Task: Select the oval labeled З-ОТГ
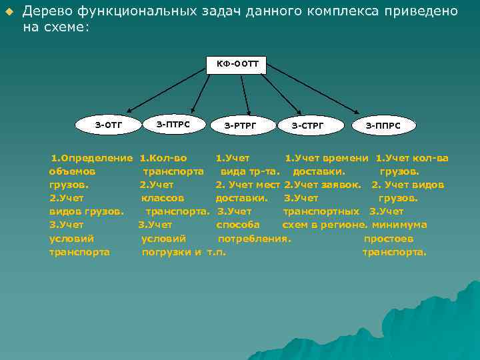(x=108, y=124)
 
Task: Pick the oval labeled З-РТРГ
(x=240, y=125)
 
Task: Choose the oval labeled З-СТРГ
(x=307, y=125)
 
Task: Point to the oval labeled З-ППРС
(x=383, y=125)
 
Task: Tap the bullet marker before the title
(x=9, y=13)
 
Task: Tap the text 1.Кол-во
(x=163, y=158)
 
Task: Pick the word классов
(x=163, y=198)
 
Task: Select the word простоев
(x=389, y=238)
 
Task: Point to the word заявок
(x=338, y=185)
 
